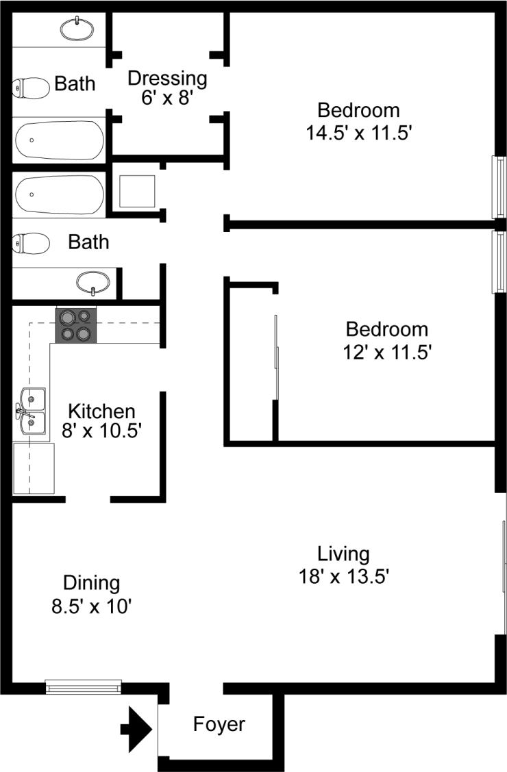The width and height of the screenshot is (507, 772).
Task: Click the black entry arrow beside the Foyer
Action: click(x=136, y=728)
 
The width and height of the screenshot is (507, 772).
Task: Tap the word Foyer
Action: click(x=219, y=724)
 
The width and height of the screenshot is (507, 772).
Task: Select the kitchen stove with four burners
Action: click(x=75, y=324)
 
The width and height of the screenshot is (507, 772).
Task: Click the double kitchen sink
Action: click(x=31, y=411)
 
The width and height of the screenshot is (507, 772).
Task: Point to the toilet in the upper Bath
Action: click(x=31, y=87)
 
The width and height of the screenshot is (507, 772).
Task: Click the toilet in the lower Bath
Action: click(x=31, y=242)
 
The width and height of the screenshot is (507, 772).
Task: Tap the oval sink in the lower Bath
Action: click(x=93, y=281)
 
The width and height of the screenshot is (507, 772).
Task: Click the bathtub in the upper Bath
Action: click(x=59, y=140)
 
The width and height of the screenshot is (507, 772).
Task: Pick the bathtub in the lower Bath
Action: click(x=59, y=194)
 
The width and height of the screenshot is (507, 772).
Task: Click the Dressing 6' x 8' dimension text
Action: click(x=167, y=98)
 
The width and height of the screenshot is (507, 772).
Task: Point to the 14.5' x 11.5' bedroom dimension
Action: click(x=358, y=131)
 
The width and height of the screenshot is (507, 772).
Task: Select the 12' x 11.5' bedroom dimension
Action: click(x=386, y=352)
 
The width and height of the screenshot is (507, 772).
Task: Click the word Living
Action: click(x=343, y=554)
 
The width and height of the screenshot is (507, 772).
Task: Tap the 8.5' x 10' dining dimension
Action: click(x=91, y=606)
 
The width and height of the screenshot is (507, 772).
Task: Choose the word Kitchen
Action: click(x=101, y=411)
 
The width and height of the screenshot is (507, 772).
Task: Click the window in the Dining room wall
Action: click(x=83, y=686)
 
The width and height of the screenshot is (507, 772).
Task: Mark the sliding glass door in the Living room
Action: click(x=504, y=566)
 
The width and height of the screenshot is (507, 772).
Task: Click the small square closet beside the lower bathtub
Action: click(x=137, y=191)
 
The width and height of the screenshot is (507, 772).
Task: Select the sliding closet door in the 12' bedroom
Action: click(x=276, y=356)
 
